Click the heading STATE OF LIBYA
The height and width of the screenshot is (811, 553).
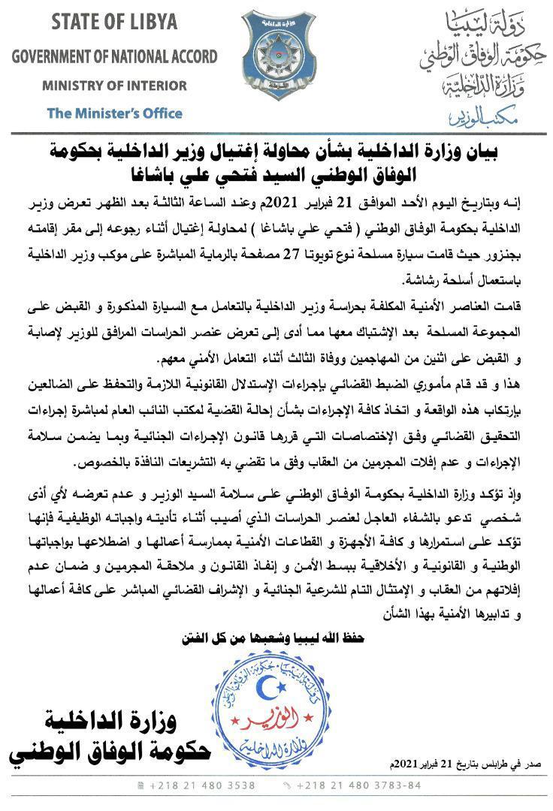click(x=114, y=22)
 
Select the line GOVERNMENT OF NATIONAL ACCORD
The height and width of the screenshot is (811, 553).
click(x=114, y=56)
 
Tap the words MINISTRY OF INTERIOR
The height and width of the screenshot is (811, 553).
click(x=114, y=86)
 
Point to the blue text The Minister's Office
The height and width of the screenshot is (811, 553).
click(x=114, y=113)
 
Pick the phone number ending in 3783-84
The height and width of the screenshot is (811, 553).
click(x=361, y=785)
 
